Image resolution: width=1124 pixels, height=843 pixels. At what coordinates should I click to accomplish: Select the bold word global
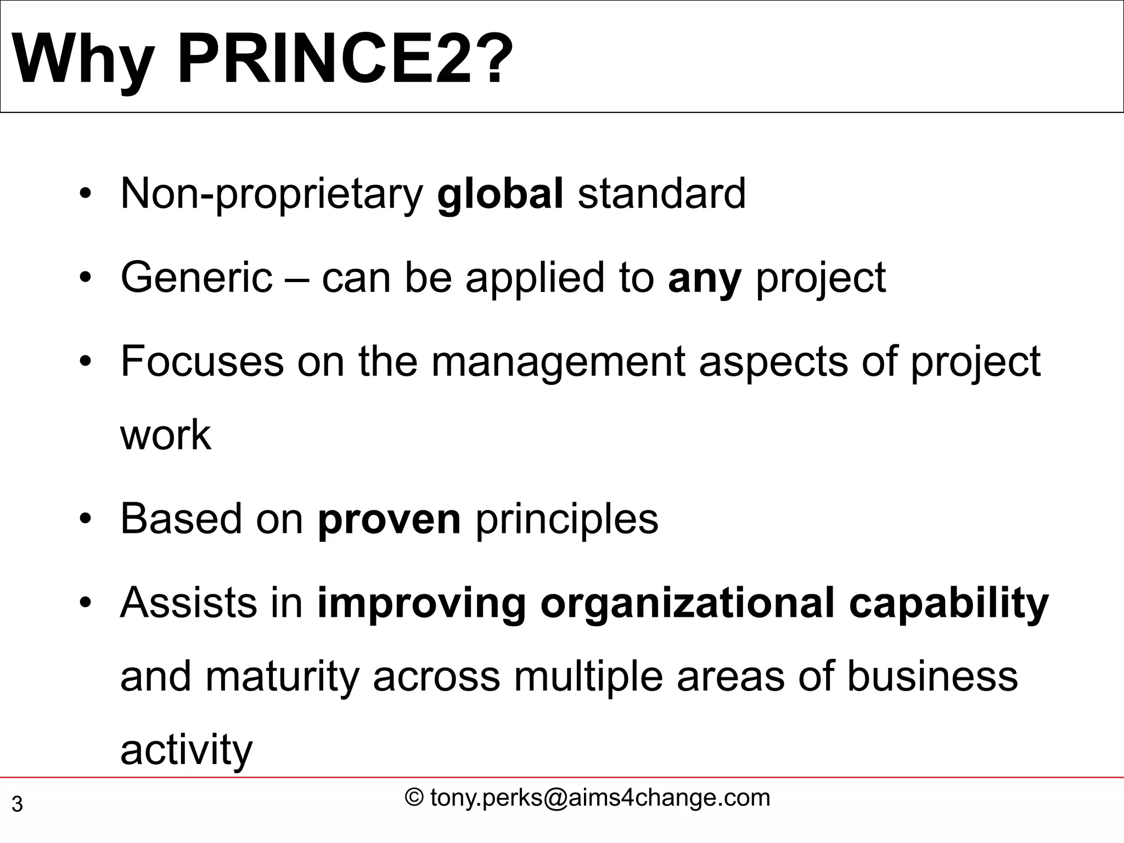tap(500, 193)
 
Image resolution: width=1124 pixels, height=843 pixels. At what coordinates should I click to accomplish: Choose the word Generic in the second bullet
tap(196, 277)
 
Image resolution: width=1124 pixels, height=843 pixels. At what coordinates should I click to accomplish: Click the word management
tap(558, 362)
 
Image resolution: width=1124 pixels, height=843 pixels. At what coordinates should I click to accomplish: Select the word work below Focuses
tap(165, 435)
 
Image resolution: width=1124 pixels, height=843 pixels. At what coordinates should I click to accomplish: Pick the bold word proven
tap(389, 519)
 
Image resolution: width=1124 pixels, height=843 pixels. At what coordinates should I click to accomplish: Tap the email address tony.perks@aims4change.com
tap(600, 798)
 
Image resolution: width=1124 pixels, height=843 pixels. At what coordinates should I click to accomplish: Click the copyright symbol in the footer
tap(414, 798)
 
